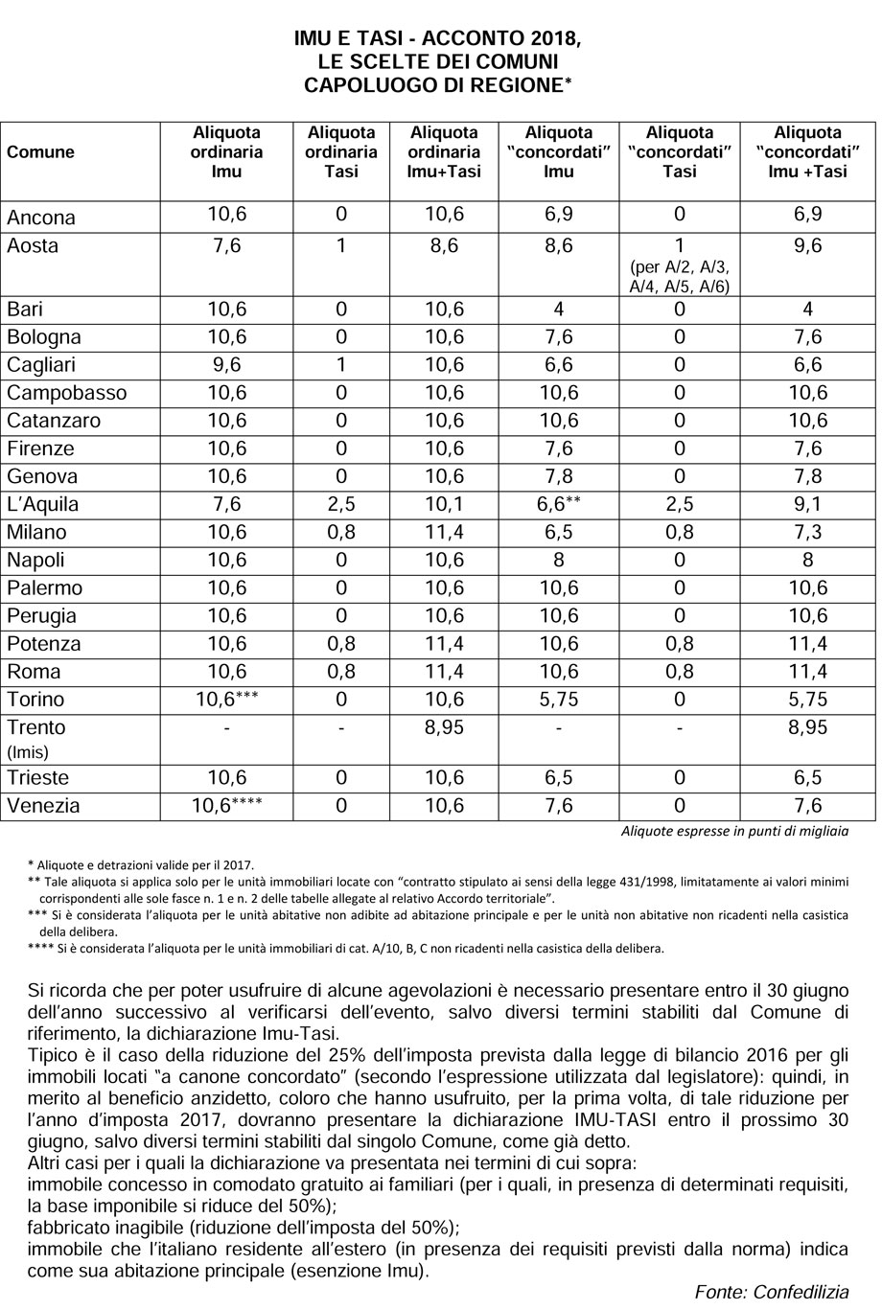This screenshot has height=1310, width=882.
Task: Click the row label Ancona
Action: (41, 217)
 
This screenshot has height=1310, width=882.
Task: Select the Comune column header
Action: (40, 151)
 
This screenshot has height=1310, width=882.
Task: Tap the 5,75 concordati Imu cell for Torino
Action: (559, 700)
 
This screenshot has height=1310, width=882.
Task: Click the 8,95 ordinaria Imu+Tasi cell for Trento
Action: (444, 727)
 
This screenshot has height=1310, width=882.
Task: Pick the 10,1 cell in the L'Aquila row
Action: (444, 504)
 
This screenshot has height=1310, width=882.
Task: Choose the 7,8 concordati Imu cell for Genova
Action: (559, 476)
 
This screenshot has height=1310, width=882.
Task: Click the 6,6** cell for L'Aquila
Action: (559, 504)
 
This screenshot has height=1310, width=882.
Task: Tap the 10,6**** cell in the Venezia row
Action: (226, 806)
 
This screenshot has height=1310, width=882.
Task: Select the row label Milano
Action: (37, 533)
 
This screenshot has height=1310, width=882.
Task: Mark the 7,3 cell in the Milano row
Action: (809, 532)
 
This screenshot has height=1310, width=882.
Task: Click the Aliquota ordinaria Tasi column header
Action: (341, 151)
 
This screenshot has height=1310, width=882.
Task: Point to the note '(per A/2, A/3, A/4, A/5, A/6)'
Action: (680, 275)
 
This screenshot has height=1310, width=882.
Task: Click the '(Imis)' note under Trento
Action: (27, 752)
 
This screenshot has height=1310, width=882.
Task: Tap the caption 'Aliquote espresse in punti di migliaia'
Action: (734, 831)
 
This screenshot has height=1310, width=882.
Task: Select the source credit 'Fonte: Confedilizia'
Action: (772, 1292)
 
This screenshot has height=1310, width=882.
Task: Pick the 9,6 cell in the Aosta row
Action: (809, 245)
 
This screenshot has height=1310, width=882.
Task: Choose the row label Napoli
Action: (35, 561)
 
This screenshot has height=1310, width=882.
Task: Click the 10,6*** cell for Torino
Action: (226, 700)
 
